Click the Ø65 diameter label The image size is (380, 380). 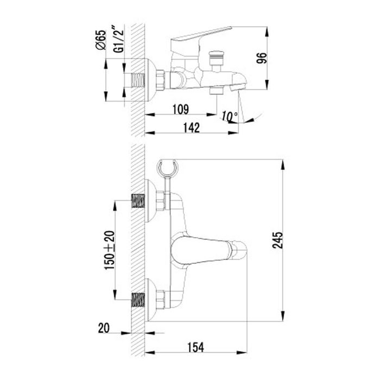[101, 40]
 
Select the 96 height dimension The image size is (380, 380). [262, 58]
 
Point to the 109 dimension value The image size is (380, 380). [181, 109]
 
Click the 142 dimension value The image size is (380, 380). [192, 128]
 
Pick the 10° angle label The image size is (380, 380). [230, 116]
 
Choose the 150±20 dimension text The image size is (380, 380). [110, 250]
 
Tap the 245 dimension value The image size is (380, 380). [277, 240]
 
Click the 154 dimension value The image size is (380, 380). [196, 347]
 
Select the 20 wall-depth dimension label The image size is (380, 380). [104, 328]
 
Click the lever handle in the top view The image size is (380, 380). [201, 36]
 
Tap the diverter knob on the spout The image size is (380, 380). [217, 58]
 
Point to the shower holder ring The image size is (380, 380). [167, 167]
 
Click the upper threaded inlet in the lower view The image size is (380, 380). [138, 201]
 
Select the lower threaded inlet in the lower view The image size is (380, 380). [138, 300]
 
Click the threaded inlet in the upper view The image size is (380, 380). [138, 80]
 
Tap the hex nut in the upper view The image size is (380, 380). [161, 80]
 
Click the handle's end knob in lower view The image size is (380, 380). [239, 250]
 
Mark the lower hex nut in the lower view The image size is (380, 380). [161, 299]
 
